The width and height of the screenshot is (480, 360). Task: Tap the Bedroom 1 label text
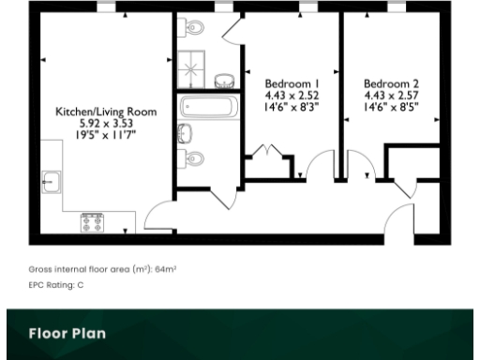(292, 82)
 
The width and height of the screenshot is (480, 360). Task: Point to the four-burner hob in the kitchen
(92, 222)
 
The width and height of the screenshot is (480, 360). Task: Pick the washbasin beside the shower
(226, 79)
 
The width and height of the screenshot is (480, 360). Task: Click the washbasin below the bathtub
(185, 131)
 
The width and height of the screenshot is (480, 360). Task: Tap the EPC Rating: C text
(56, 284)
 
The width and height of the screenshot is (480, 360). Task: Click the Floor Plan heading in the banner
(67, 333)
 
